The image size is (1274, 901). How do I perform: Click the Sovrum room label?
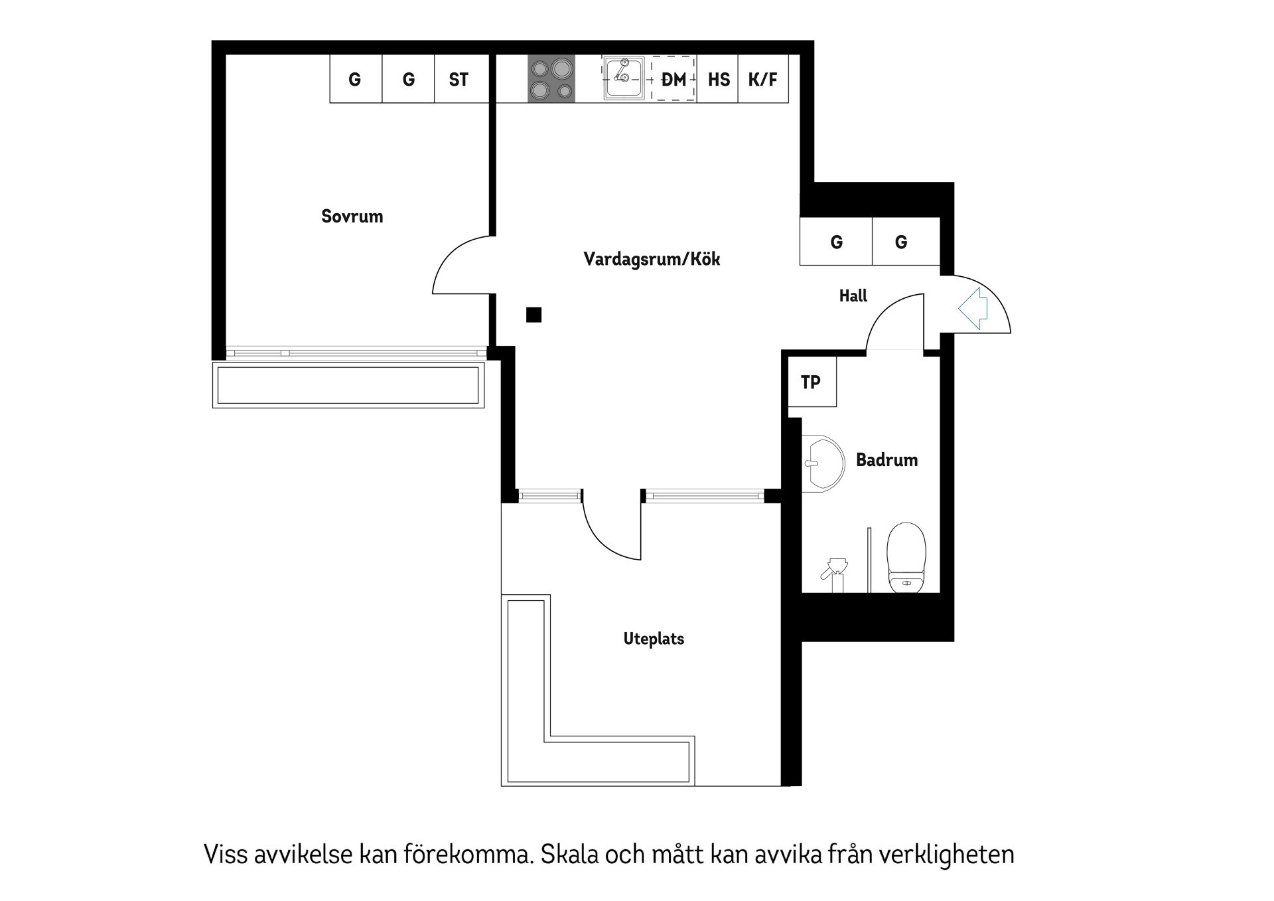[352, 216]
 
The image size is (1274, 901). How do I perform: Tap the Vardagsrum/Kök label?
[652, 259]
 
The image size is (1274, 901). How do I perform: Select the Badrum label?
[886, 459]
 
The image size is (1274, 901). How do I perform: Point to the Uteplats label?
[654, 639]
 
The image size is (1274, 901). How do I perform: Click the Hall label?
[853, 295]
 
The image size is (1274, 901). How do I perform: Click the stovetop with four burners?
[551, 79]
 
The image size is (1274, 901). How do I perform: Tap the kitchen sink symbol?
[624, 78]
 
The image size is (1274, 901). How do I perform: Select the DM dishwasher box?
[673, 79]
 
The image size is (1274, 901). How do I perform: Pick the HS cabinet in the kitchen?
[718, 79]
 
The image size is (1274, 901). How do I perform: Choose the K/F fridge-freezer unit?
[763, 79]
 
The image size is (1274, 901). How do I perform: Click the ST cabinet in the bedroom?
[459, 79]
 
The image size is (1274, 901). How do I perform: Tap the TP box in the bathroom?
[812, 382]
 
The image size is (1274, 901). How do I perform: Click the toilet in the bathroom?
[906, 557]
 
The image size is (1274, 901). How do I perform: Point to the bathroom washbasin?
[823, 463]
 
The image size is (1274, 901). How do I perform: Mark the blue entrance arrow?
[973, 308]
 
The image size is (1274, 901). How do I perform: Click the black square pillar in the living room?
[533, 315]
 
